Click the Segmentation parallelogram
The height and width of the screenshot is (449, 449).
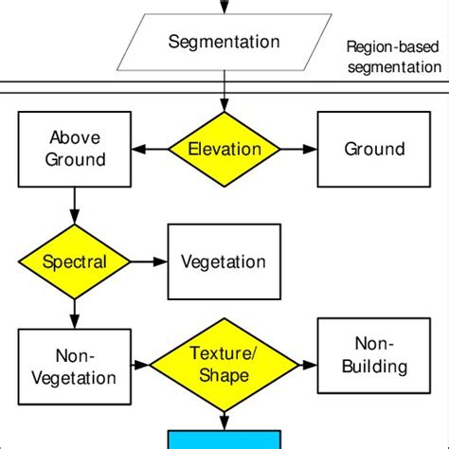coord(224,42)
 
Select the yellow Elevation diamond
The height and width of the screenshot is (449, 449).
coord(224,149)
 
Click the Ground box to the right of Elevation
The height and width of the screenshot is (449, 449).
coord(373,149)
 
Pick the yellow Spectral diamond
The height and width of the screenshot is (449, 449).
coord(74,261)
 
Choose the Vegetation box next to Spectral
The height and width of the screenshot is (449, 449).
coord(224,261)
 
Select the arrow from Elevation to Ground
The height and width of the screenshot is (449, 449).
coord(299,149)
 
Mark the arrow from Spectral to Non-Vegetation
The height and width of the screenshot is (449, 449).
coord(74,312)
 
